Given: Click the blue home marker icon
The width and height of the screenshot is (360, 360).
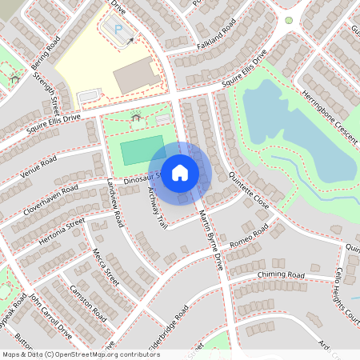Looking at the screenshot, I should tap(180, 173).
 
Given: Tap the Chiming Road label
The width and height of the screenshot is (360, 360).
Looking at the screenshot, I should tap(282, 275).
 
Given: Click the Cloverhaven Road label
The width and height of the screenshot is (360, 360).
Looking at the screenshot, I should tap(50, 196).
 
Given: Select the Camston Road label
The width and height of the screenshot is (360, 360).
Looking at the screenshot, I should tap(88, 303).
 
